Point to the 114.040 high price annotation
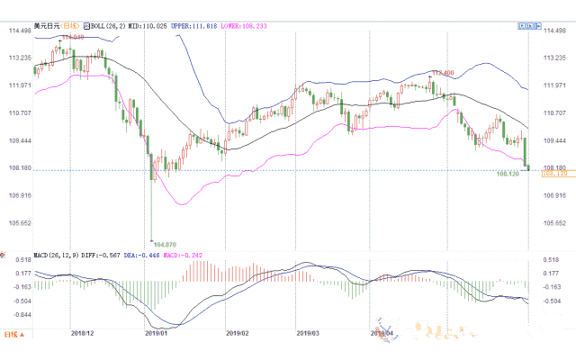(x=73, y=38)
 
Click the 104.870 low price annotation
(x=164, y=244)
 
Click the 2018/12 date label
(x=82, y=332)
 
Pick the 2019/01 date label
(x=157, y=332)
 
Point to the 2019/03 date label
(x=307, y=332)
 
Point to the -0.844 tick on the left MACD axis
(x=19, y=315)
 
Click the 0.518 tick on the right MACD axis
(x=551, y=258)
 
